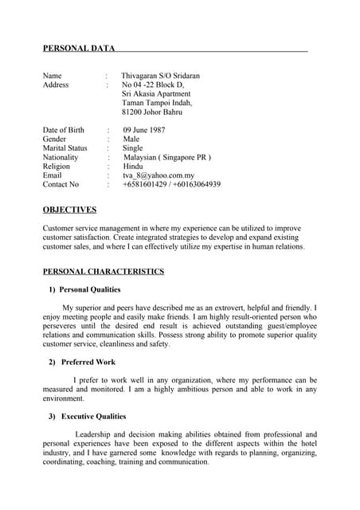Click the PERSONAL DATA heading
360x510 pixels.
[x=79, y=49]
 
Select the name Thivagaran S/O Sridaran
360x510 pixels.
[x=160, y=76]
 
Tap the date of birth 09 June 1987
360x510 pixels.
[x=144, y=130]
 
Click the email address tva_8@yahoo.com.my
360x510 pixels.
[x=158, y=175]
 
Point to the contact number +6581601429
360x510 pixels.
[x=145, y=185]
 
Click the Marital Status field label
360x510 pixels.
[x=65, y=148]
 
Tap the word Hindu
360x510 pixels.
[x=133, y=167]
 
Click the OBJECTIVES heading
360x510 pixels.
[x=69, y=210]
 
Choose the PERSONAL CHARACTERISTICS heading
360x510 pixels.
[x=103, y=272]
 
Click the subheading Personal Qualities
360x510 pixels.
[x=90, y=289]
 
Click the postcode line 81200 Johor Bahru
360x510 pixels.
[x=152, y=112]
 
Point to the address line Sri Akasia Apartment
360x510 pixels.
[x=156, y=94]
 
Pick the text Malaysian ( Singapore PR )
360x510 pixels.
[x=166, y=158]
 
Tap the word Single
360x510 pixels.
[x=132, y=148]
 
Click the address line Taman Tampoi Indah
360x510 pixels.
[x=157, y=103]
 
